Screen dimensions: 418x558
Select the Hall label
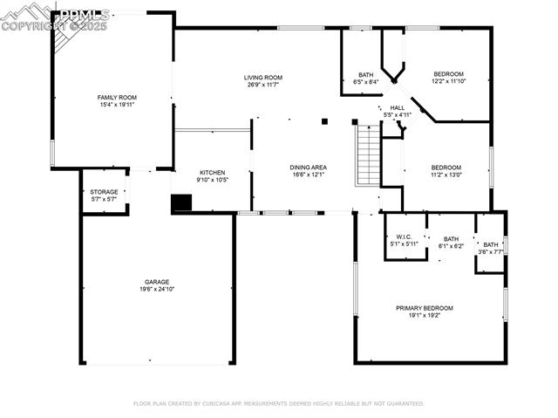click(397, 108)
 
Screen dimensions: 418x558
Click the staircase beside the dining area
click(368, 155)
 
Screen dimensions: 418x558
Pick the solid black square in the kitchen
click(180, 202)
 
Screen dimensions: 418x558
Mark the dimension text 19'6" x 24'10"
click(157, 289)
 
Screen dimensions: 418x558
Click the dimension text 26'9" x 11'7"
click(262, 84)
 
